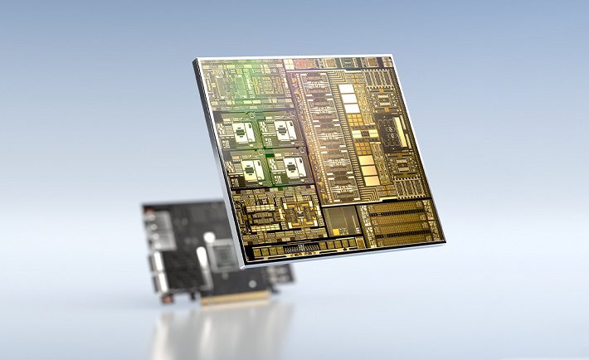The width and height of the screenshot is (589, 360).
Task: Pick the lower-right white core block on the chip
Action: click(x=293, y=168)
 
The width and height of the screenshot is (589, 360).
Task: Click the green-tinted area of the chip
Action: click(x=249, y=83)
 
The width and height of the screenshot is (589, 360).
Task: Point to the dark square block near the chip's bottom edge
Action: click(x=341, y=221)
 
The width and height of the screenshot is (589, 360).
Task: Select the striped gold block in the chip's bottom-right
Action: click(x=401, y=219)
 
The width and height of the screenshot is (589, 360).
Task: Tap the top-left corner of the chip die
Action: click(x=197, y=59)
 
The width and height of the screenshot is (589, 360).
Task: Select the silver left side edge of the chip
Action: click(x=219, y=166)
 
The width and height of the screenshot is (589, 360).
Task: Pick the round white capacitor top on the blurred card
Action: click(x=208, y=239)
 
